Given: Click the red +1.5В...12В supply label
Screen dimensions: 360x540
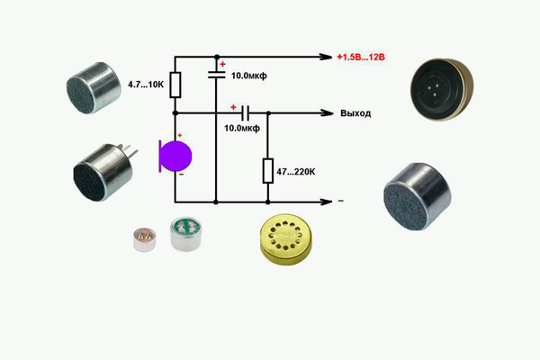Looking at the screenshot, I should click(x=361, y=57).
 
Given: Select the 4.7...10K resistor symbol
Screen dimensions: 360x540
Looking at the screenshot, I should click(x=175, y=85).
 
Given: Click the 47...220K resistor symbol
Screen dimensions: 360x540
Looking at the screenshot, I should click(x=267, y=169).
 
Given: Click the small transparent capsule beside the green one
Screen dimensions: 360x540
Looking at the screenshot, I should click(x=142, y=238).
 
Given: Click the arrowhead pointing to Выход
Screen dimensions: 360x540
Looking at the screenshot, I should click(x=319, y=113).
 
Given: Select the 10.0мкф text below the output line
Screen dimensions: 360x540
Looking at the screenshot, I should click(x=242, y=129).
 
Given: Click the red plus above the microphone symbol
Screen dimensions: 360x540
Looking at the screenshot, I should click(x=178, y=136).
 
